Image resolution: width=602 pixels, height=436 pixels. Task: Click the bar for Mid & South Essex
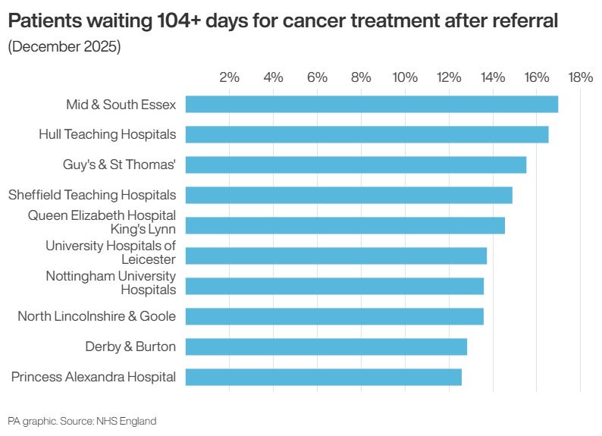pos(372,104)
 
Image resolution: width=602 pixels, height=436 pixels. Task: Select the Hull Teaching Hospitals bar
pos(367,134)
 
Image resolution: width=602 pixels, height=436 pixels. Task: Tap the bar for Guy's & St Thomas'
pos(356,165)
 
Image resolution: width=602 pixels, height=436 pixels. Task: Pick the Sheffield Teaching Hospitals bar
pos(349,195)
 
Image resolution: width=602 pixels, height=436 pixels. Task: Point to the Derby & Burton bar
pos(326,347)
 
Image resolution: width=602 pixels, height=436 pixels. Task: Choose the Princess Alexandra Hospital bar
pos(323,377)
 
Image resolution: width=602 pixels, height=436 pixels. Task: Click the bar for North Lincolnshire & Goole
pos(334,316)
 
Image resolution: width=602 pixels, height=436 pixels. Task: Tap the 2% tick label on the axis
pos(229,77)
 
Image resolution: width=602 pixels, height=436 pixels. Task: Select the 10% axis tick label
pos(405,77)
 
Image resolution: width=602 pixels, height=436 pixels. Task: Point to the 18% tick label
pos(580,77)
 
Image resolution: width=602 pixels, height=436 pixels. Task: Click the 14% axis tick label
pos(493,77)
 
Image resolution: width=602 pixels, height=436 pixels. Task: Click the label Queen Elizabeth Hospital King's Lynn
pos(102,222)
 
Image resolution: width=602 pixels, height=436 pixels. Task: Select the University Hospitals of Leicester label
pos(111,253)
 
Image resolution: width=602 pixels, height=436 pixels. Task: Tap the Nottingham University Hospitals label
pos(111,283)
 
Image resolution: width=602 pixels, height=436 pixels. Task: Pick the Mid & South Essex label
pos(121,105)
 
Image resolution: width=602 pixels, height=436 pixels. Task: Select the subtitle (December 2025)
pos(64,47)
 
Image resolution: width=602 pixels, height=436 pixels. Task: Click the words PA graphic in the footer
pos(30,421)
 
